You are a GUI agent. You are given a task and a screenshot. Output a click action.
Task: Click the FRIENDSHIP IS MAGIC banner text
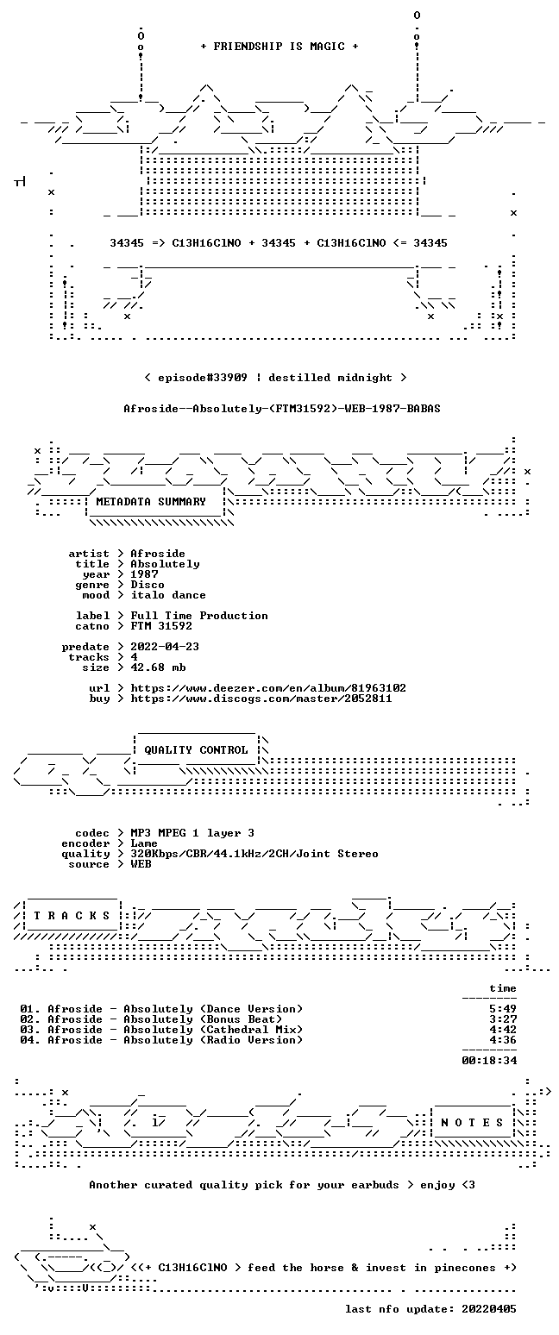pyautogui.click(x=279, y=47)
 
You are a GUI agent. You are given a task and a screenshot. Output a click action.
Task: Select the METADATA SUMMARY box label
pyautogui.click(x=151, y=502)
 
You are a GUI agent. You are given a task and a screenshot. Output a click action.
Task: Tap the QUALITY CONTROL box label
pyautogui.click(x=196, y=750)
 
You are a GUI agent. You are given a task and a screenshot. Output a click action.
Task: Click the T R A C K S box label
pyautogui.click(x=72, y=916)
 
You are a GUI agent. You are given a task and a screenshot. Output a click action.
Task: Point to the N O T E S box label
pyautogui.click(x=472, y=1123)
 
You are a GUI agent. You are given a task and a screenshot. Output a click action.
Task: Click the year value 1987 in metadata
pyautogui.click(x=144, y=574)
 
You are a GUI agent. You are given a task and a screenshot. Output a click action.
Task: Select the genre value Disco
pyautogui.click(x=148, y=585)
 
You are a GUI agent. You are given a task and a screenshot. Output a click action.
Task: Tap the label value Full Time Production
pyautogui.click(x=199, y=616)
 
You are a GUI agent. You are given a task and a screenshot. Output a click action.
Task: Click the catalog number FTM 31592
pyautogui.click(x=161, y=626)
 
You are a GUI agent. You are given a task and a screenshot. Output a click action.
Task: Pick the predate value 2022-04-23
pyautogui.click(x=165, y=647)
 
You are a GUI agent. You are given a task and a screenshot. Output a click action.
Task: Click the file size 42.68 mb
pyautogui.click(x=158, y=667)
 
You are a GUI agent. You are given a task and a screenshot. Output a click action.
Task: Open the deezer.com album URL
pyautogui.click(x=268, y=688)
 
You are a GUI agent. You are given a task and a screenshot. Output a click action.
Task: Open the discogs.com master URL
pyautogui.click(x=261, y=699)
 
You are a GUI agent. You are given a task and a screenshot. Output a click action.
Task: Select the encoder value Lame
pyautogui.click(x=144, y=844)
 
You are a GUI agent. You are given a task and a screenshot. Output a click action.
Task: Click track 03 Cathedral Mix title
pyautogui.click(x=175, y=1030)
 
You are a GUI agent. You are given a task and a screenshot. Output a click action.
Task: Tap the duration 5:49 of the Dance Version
pyautogui.click(x=502, y=1009)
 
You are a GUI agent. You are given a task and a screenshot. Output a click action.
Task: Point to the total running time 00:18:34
pyautogui.click(x=489, y=1061)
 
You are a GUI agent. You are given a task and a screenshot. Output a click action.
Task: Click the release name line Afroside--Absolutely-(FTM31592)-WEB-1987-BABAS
pyautogui.click(x=282, y=409)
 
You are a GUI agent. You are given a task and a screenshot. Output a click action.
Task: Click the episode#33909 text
pyautogui.click(x=203, y=378)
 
